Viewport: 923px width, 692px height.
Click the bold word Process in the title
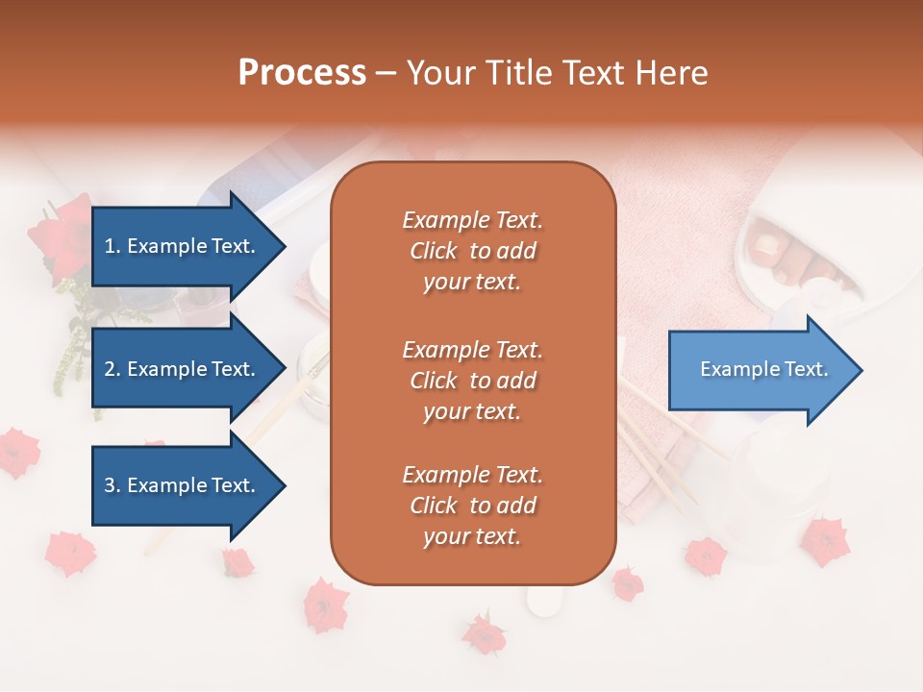[x=302, y=73]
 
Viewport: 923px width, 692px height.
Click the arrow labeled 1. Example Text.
[x=183, y=246]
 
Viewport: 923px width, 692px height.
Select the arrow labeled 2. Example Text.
[x=183, y=369]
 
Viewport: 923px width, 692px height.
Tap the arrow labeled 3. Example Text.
[x=183, y=485]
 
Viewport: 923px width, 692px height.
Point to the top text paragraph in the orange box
[x=472, y=251]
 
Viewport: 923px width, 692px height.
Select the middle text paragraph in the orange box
[x=472, y=381]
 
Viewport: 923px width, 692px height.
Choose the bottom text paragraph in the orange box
[x=472, y=506]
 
